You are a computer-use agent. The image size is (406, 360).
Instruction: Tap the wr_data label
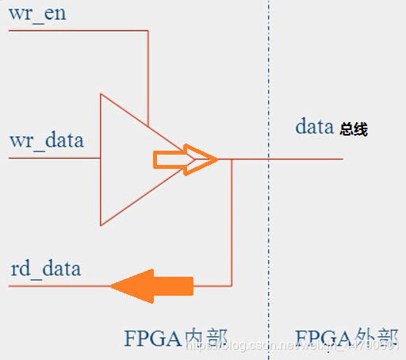click(46, 141)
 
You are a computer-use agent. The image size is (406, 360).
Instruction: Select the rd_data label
click(45, 268)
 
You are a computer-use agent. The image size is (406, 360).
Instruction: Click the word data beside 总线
click(315, 126)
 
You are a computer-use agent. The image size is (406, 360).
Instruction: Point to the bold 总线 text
click(354, 129)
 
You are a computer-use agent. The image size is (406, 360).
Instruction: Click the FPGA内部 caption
click(181, 338)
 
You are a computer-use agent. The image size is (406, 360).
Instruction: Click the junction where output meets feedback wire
click(231, 159)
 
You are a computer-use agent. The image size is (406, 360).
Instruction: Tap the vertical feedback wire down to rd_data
click(231, 222)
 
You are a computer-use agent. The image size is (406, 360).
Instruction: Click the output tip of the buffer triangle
click(216, 159)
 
